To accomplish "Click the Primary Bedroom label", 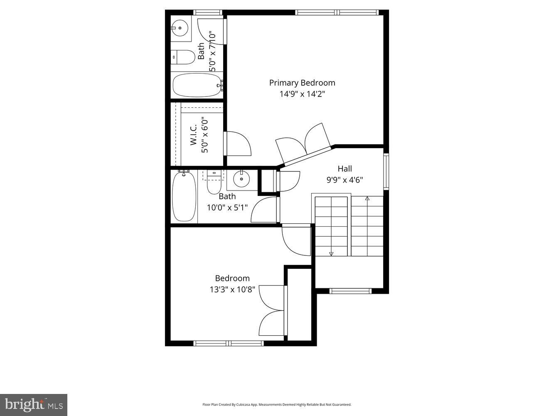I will (302, 83).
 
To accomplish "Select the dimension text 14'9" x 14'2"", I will (302, 94).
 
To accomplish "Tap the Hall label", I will (345, 168).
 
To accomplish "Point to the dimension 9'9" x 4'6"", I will (345, 180).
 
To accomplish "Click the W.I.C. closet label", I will (194, 136).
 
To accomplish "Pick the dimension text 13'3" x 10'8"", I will (232, 289).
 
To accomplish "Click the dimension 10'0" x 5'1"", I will (227, 207).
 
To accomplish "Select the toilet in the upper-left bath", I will (182, 57).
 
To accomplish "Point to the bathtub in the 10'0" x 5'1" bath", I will (184, 196).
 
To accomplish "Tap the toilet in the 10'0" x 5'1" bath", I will (214, 183).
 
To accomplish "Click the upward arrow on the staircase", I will (367, 198).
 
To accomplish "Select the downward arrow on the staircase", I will (331, 253).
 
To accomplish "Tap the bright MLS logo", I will (34, 404).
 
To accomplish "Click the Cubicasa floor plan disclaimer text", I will (277, 404).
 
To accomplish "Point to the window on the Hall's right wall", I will (386, 171).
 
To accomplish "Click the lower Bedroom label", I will (232, 278).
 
